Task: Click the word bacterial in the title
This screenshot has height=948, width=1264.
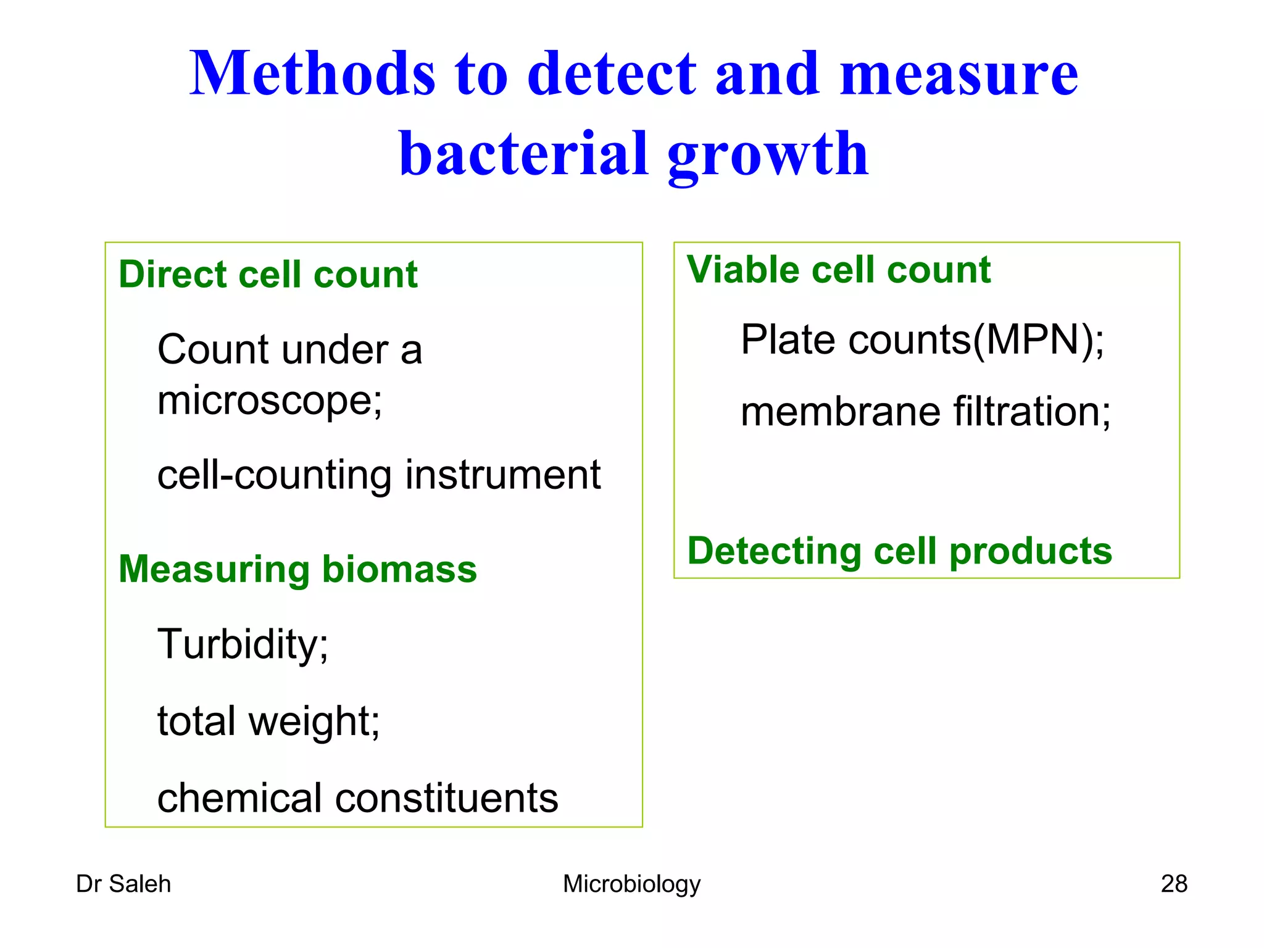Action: tap(523, 154)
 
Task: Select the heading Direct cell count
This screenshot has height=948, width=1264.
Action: tap(268, 275)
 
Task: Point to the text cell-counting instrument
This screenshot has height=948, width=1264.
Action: tap(378, 475)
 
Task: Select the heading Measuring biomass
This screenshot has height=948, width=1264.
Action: tap(297, 569)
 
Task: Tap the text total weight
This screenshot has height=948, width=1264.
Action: tap(268, 721)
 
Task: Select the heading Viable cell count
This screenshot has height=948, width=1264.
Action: tap(838, 270)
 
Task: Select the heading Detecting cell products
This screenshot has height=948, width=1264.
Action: tap(899, 551)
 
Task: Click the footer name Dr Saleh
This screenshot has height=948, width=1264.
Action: tap(123, 884)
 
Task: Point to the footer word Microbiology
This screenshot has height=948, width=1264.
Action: tap(631, 884)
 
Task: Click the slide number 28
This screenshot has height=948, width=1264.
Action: tap(1173, 884)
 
